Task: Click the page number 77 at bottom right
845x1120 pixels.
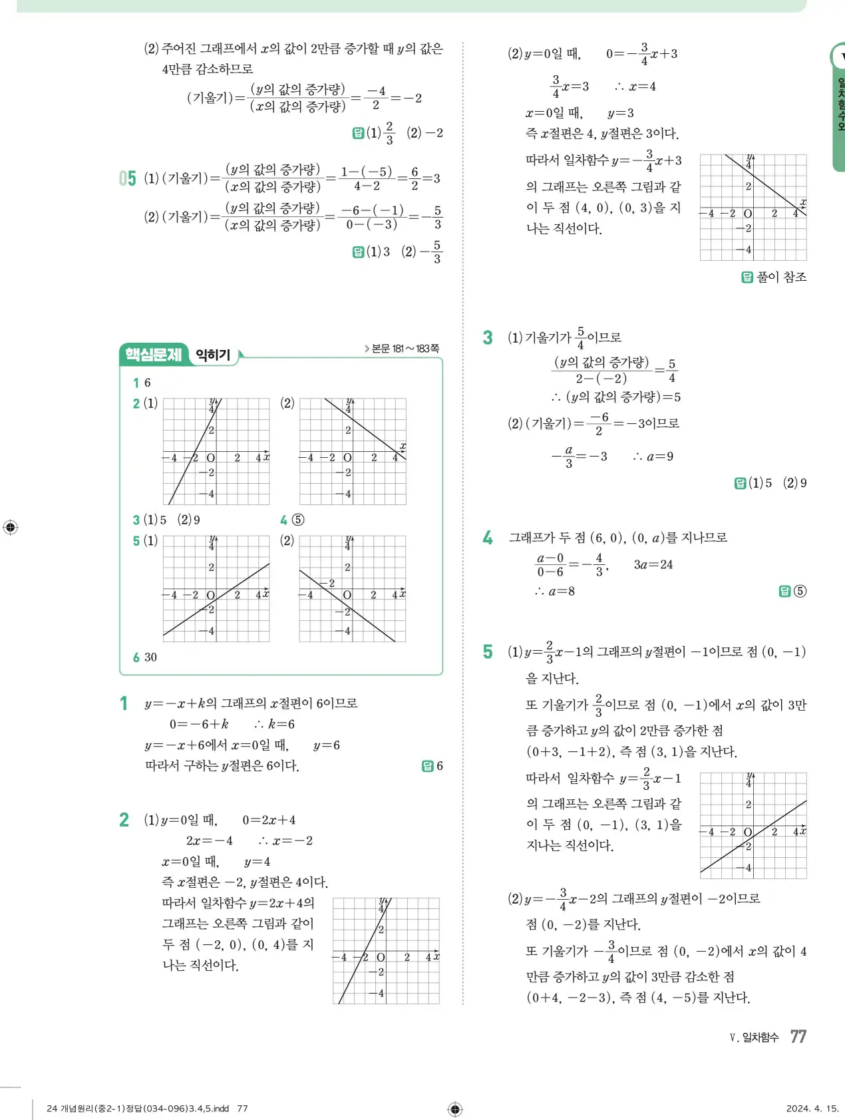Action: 798,1036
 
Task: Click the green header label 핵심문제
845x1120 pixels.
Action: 154,354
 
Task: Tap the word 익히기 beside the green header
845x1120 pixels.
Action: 213,355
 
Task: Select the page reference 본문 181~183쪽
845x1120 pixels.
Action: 402,348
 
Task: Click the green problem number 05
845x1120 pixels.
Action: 128,178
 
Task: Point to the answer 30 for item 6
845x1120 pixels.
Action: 151,657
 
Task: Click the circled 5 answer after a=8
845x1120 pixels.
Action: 800,591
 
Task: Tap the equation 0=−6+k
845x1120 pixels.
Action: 199,724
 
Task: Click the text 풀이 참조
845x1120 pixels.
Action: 781,277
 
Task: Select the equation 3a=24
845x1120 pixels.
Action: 653,564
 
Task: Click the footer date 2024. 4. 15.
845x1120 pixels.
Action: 812,1108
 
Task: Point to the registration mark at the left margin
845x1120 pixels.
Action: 10,528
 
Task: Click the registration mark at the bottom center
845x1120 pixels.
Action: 455,1109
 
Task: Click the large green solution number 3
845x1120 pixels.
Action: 488,337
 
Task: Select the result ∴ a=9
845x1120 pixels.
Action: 653,457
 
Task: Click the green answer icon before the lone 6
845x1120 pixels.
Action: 427,766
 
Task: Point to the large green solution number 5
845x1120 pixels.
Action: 488,652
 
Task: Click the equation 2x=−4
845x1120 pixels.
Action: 209,840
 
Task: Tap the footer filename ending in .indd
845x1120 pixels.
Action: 138,1108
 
